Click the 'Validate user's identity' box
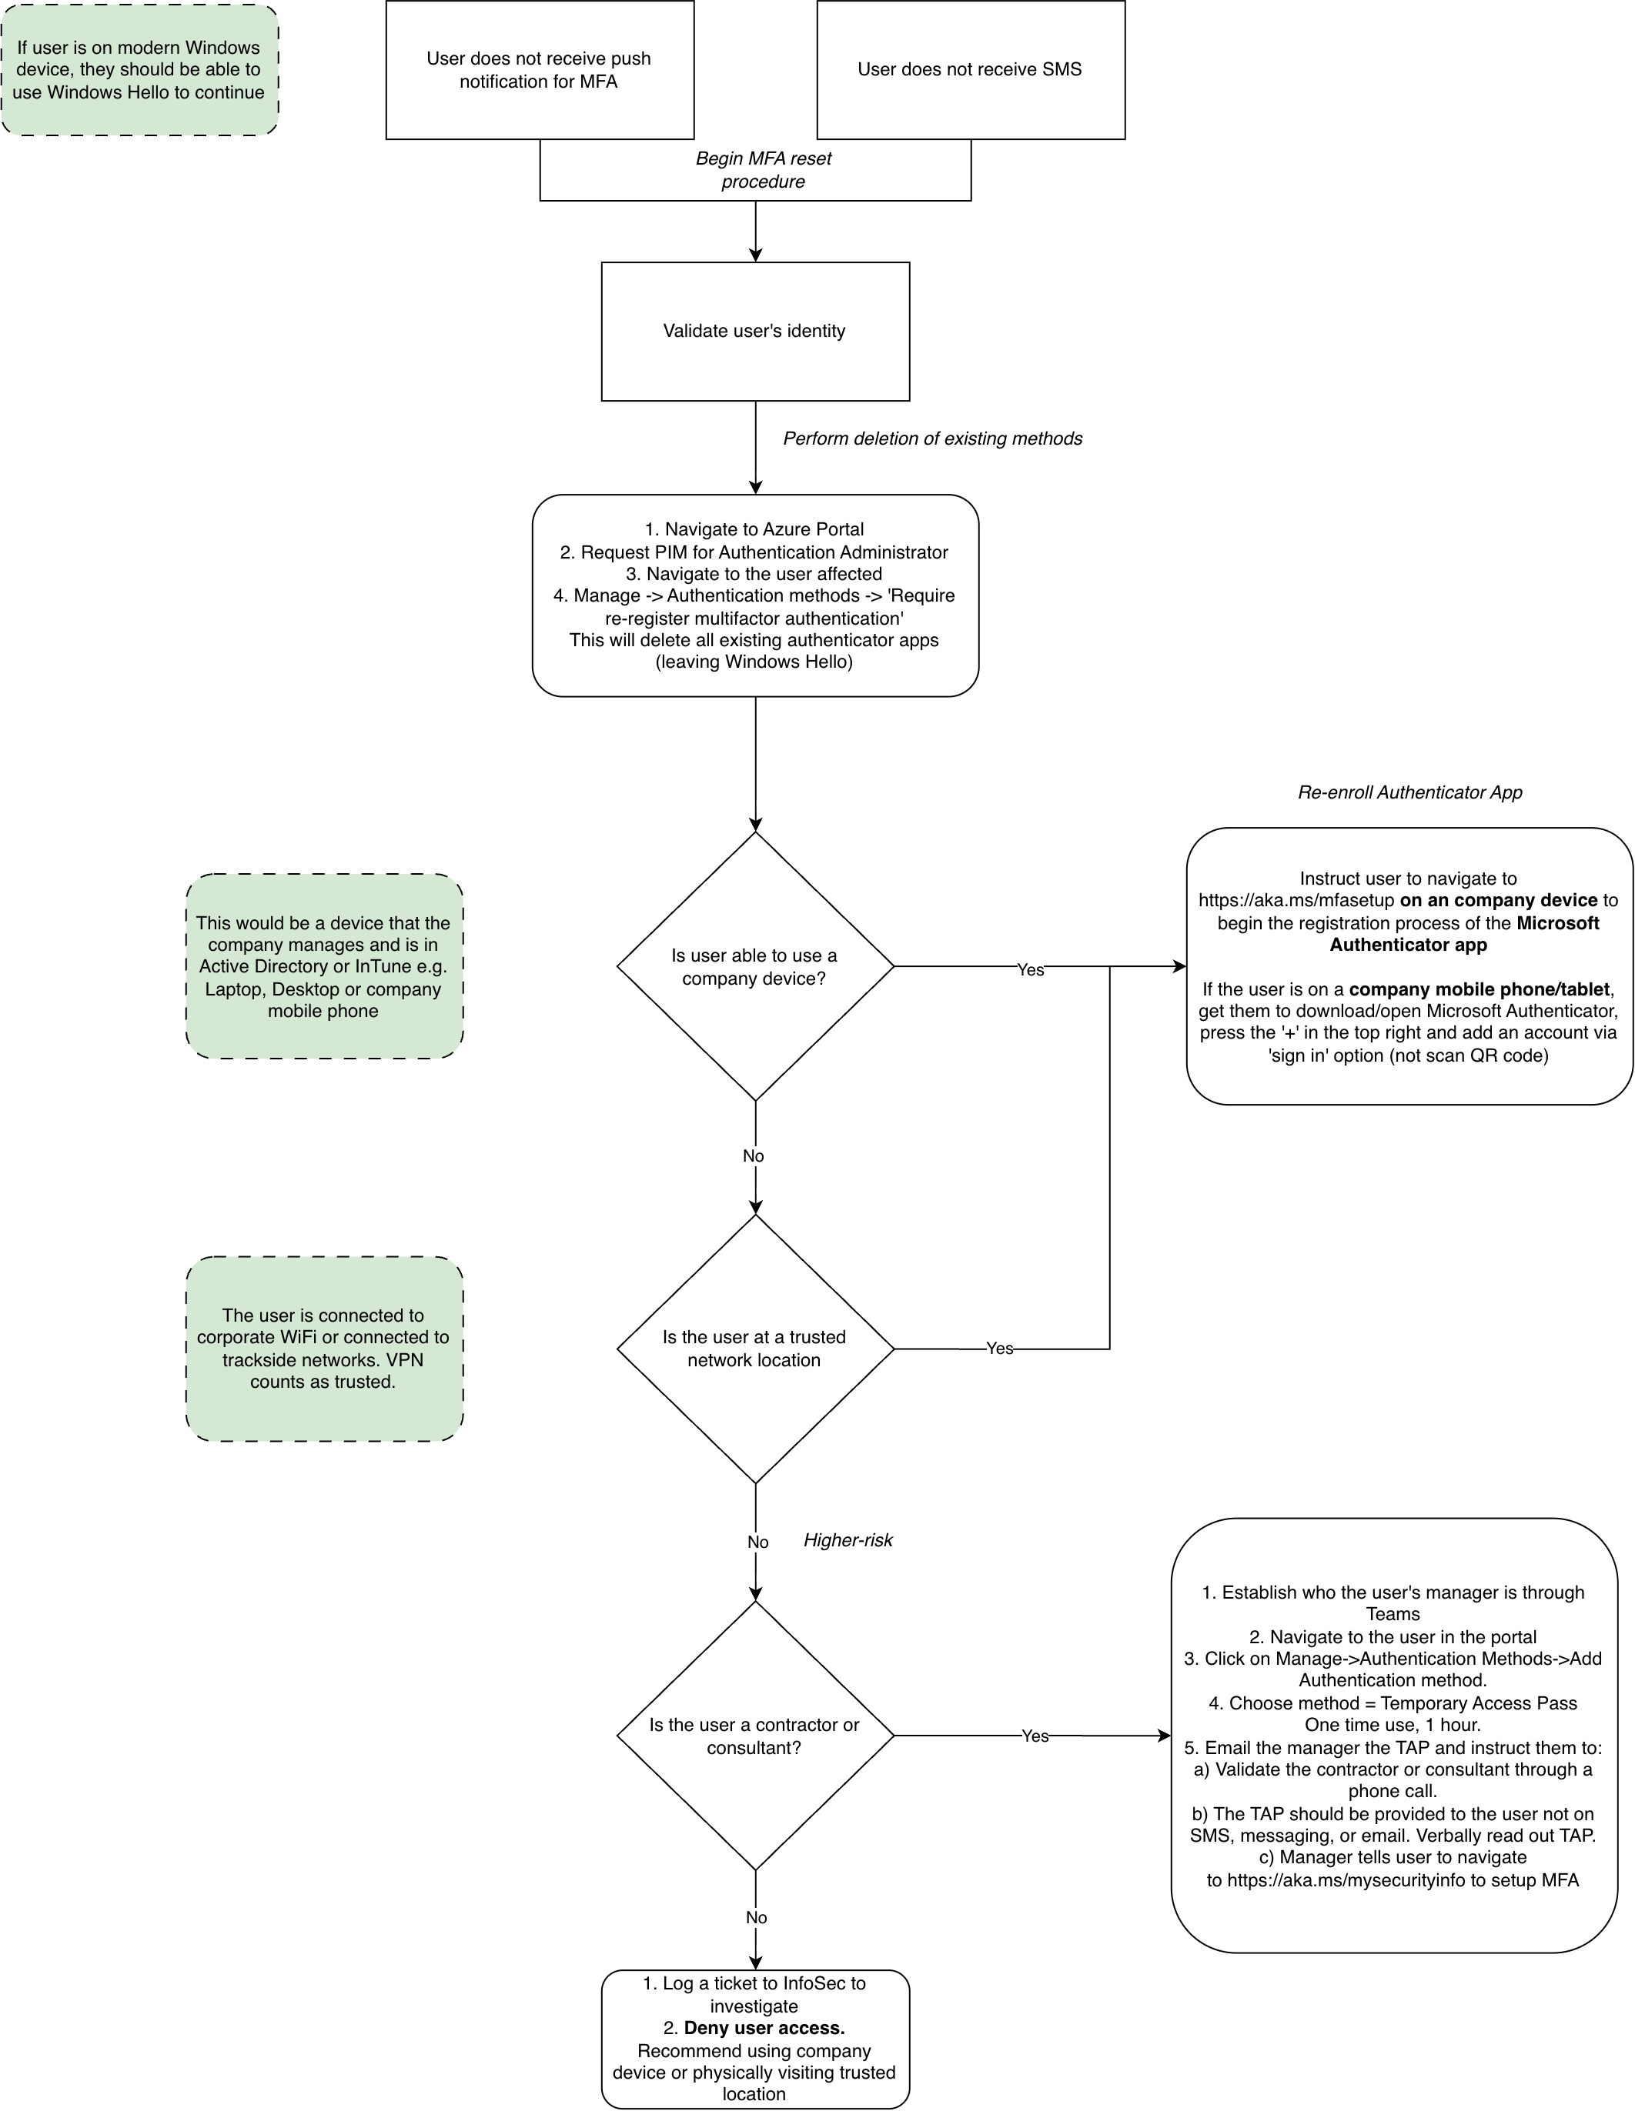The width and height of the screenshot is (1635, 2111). point(755,331)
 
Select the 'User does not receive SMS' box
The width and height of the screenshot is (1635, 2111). point(971,69)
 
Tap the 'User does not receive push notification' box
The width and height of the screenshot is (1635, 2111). point(540,69)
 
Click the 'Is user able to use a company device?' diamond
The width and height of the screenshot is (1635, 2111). point(755,966)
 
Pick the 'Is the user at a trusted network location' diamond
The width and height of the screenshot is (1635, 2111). point(755,1349)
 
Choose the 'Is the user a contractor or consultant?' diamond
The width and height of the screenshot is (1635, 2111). point(755,1736)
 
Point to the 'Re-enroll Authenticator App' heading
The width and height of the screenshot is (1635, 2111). point(1409,792)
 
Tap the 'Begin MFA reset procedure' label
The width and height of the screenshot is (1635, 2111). point(764,170)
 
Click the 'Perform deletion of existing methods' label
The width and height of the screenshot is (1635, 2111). point(933,439)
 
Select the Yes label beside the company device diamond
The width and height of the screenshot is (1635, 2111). point(1031,969)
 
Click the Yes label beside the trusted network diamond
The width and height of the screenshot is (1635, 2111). point(1000,1349)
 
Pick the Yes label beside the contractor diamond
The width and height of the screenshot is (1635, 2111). point(1035,1736)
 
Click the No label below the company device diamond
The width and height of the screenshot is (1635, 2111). point(753,1156)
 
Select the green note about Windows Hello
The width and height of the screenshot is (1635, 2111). point(139,69)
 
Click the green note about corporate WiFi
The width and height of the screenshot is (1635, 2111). point(324,1349)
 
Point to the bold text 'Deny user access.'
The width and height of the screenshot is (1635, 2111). point(765,2028)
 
